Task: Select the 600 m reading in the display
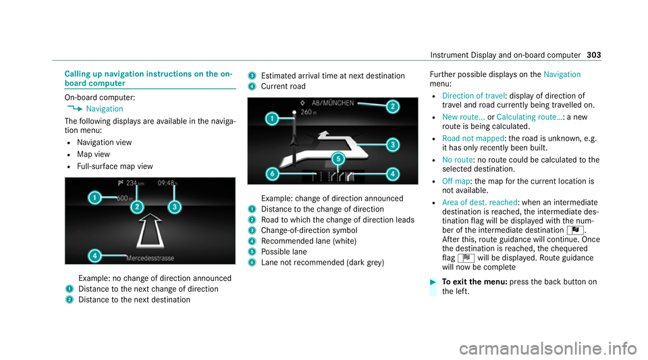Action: coord(122,198)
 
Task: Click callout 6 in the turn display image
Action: coord(271,174)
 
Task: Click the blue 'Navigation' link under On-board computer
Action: coord(105,108)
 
